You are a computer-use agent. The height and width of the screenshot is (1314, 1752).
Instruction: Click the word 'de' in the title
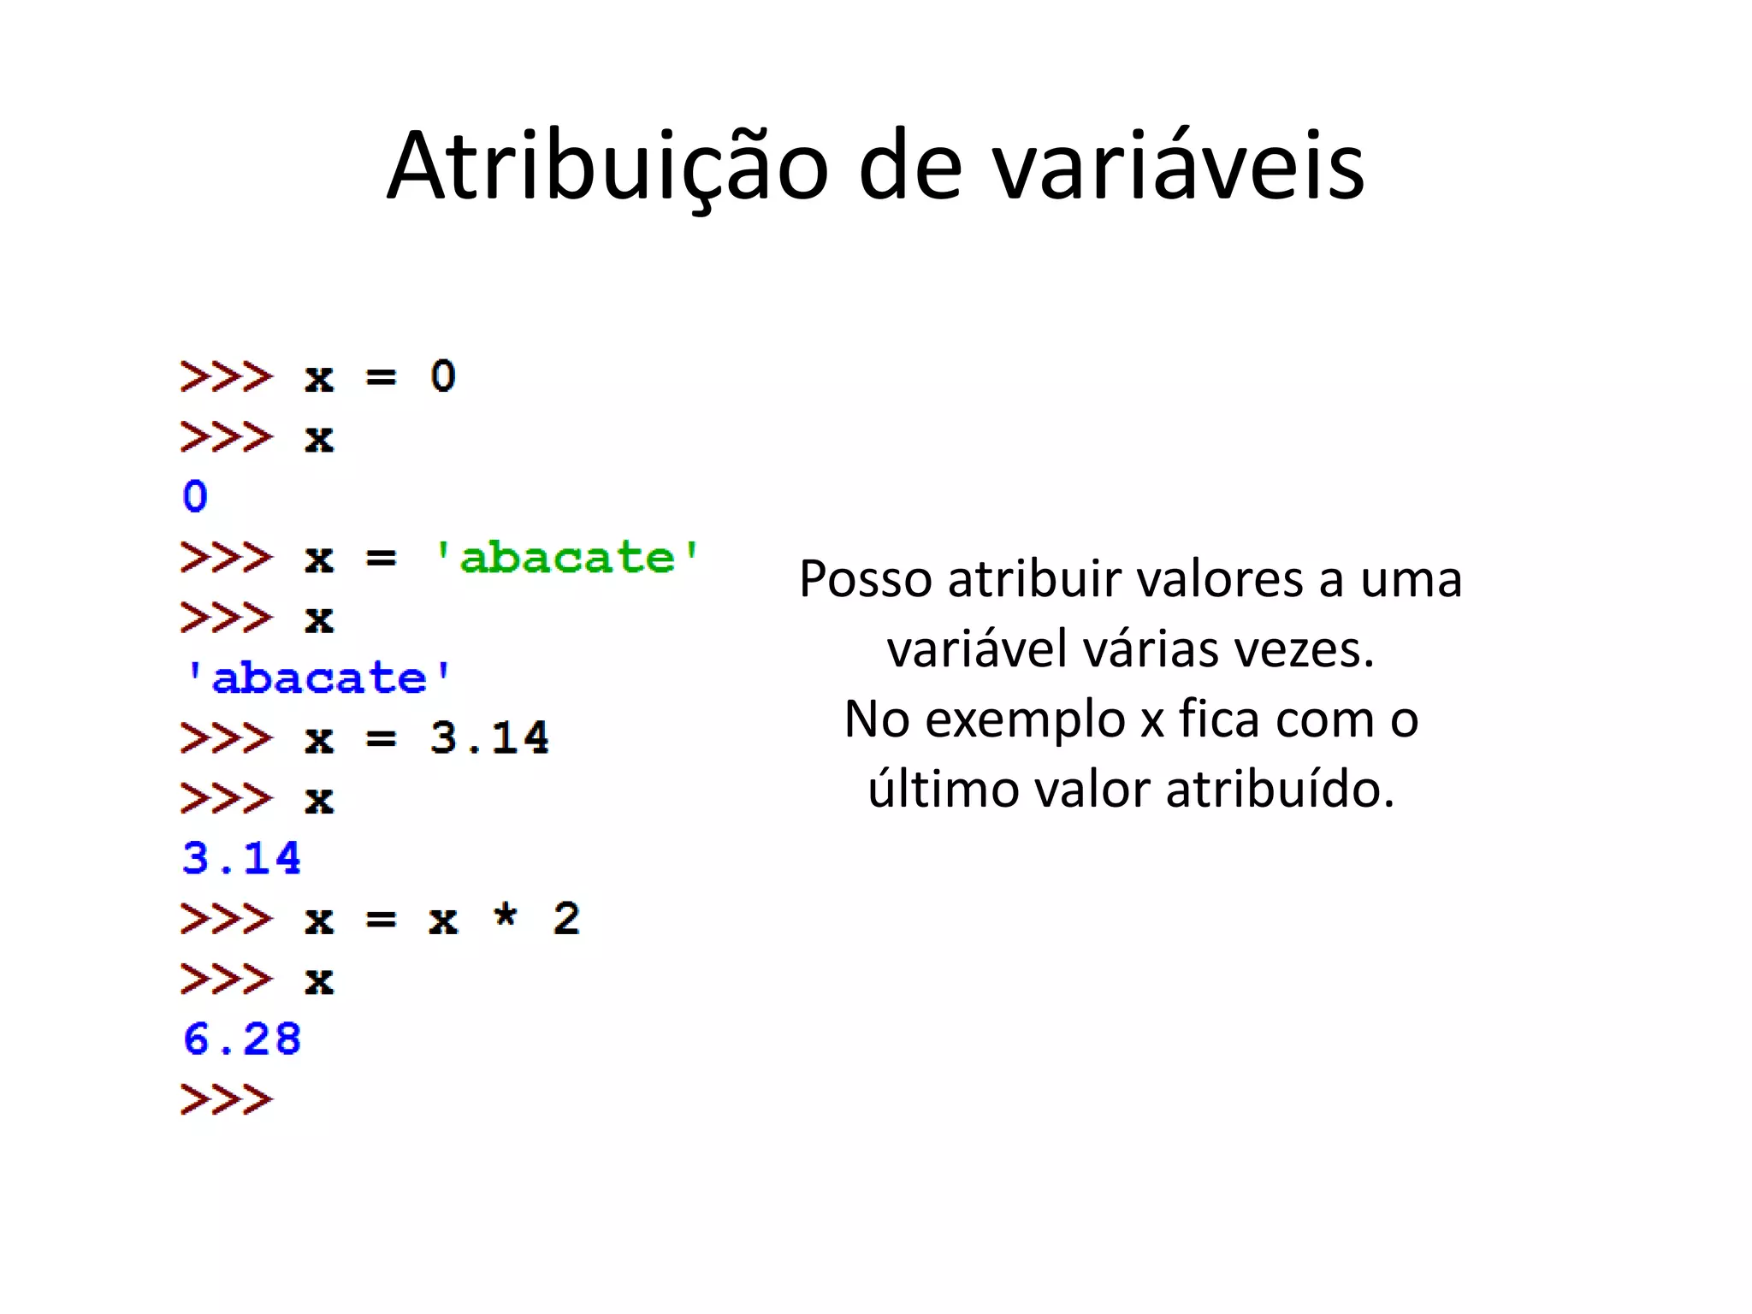click(x=909, y=167)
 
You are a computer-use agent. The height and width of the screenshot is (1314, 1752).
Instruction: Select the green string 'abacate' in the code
click(x=566, y=558)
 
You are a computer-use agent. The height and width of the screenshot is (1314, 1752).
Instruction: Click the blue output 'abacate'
click(x=317, y=678)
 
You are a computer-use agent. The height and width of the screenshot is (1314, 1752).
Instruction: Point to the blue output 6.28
click(x=242, y=1039)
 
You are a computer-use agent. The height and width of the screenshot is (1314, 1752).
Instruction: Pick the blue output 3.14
click(x=242, y=858)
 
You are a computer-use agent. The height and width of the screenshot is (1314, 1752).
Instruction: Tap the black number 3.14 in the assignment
click(x=489, y=737)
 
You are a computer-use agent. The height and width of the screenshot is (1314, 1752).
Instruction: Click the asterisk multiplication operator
click(x=506, y=916)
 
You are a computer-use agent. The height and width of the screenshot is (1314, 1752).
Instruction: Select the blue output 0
click(x=195, y=496)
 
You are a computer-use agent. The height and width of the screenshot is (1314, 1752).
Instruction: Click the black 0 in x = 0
click(x=443, y=376)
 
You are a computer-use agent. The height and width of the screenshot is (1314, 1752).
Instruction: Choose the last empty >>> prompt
click(x=227, y=1099)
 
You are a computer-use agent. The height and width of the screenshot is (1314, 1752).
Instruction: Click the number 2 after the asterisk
click(x=566, y=919)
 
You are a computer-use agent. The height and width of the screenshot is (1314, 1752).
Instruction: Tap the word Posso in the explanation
click(x=865, y=579)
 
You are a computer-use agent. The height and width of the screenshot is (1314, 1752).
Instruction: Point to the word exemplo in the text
click(x=1025, y=719)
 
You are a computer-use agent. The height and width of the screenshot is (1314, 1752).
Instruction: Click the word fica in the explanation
click(x=1219, y=719)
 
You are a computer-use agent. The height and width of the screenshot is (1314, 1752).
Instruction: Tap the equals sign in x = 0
click(x=381, y=377)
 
